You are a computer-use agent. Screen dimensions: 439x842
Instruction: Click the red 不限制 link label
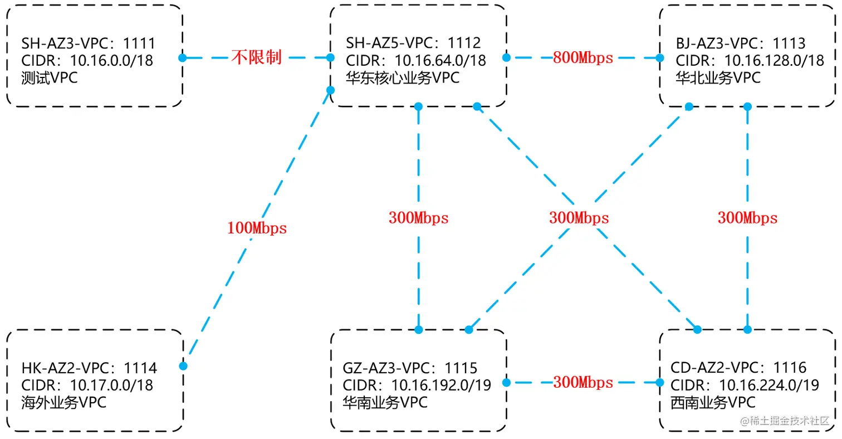point(257,57)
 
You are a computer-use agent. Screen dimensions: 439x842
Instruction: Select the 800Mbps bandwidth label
point(583,57)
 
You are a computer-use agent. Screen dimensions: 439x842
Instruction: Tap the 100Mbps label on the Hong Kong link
point(257,228)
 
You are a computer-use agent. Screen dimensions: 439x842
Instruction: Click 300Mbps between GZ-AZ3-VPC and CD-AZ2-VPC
point(583,383)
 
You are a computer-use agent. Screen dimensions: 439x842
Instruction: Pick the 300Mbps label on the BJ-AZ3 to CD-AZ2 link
point(747,218)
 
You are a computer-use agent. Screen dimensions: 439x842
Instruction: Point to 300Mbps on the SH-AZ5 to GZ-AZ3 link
point(418,218)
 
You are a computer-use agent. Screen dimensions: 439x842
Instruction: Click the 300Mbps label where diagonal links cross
point(579,218)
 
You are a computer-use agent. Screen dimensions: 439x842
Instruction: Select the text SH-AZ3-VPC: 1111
point(88,43)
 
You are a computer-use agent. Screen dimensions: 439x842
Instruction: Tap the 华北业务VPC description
point(718,77)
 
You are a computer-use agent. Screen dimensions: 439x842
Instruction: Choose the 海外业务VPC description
point(64,402)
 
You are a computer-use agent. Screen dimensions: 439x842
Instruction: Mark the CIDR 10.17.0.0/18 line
point(87,384)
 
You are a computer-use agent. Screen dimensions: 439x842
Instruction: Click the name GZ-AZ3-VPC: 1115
point(410,368)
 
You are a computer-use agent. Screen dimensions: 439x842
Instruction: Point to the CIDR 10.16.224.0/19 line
point(745,384)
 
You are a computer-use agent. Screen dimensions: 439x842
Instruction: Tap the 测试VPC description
point(50,77)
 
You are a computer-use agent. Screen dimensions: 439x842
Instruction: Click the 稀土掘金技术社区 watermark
point(785,421)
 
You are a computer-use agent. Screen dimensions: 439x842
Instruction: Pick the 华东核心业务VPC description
point(403,77)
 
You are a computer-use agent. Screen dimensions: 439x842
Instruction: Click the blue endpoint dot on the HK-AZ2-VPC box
point(183,366)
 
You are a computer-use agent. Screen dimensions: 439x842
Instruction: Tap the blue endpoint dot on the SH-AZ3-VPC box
point(182,57)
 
